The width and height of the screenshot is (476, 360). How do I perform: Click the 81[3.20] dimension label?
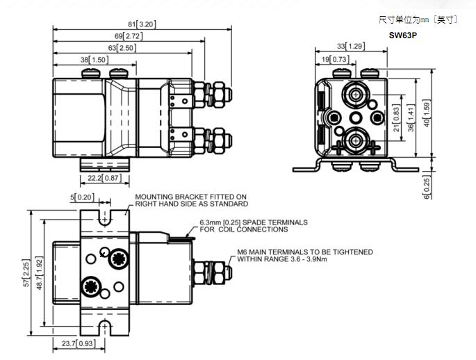click(x=142, y=24)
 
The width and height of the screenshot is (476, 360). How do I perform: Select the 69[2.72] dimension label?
click(x=129, y=35)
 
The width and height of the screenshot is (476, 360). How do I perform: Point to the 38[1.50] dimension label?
click(x=94, y=60)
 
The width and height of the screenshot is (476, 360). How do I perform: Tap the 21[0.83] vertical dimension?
click(x=397, y=118)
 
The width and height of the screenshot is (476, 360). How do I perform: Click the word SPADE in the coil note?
click(x=248, y=222)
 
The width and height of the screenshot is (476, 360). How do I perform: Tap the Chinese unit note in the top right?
click(x=418, y=19)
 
